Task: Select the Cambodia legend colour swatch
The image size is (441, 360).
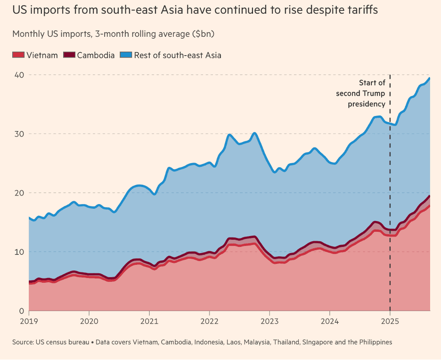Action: click(x=69, y=55)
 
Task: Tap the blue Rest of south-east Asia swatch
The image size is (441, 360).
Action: click(x=126, y=55)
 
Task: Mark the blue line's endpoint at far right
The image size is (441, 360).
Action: click(x=429, y=78)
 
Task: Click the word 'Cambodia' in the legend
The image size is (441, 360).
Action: click(x=96, y=55)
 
